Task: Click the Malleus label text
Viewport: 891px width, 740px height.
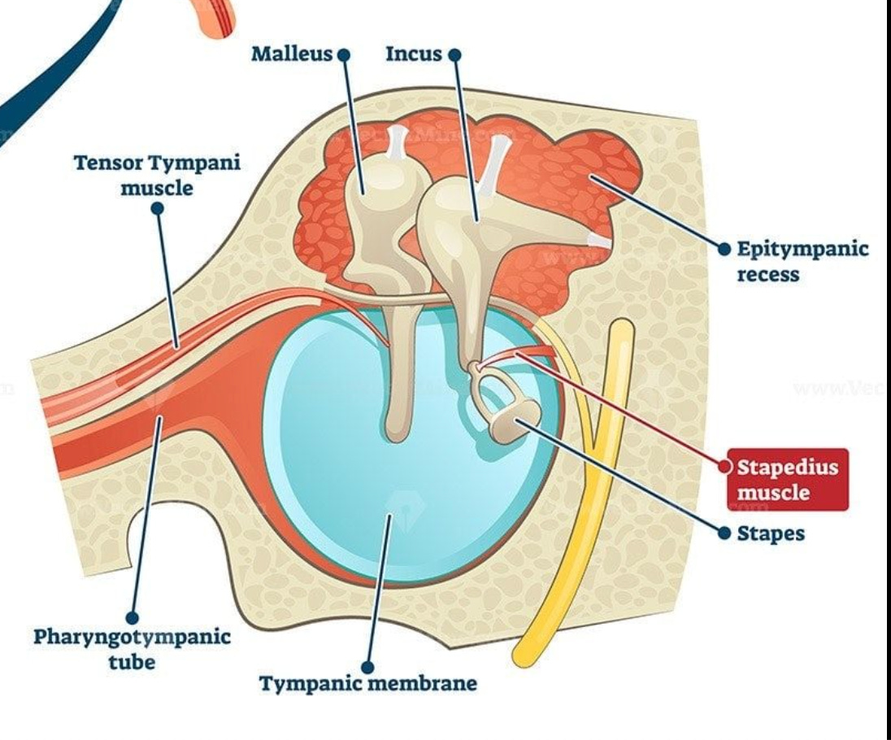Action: coord(292,54)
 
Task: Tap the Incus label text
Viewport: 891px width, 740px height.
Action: coord(413,54)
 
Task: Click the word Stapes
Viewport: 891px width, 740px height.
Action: coord(771,533)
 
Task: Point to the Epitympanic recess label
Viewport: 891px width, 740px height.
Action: coord(802,260)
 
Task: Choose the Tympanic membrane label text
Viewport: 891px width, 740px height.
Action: coord(368,683)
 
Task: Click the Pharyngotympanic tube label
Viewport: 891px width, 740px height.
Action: coord(132,648)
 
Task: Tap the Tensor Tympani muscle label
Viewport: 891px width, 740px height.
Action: coord(158,175)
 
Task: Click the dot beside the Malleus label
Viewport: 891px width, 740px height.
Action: coord(343,54)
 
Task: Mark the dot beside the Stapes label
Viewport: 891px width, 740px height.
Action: coord(725,533)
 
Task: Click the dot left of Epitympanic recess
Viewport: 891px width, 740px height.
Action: coord(725,248)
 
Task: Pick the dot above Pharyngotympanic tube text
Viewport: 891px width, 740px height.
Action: coord(133,618)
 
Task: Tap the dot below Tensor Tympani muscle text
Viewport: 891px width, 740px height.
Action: coord(158,208)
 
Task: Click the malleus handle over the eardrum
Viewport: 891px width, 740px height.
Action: coord(399,382)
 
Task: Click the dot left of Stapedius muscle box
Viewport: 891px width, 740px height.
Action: coord(725,467)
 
